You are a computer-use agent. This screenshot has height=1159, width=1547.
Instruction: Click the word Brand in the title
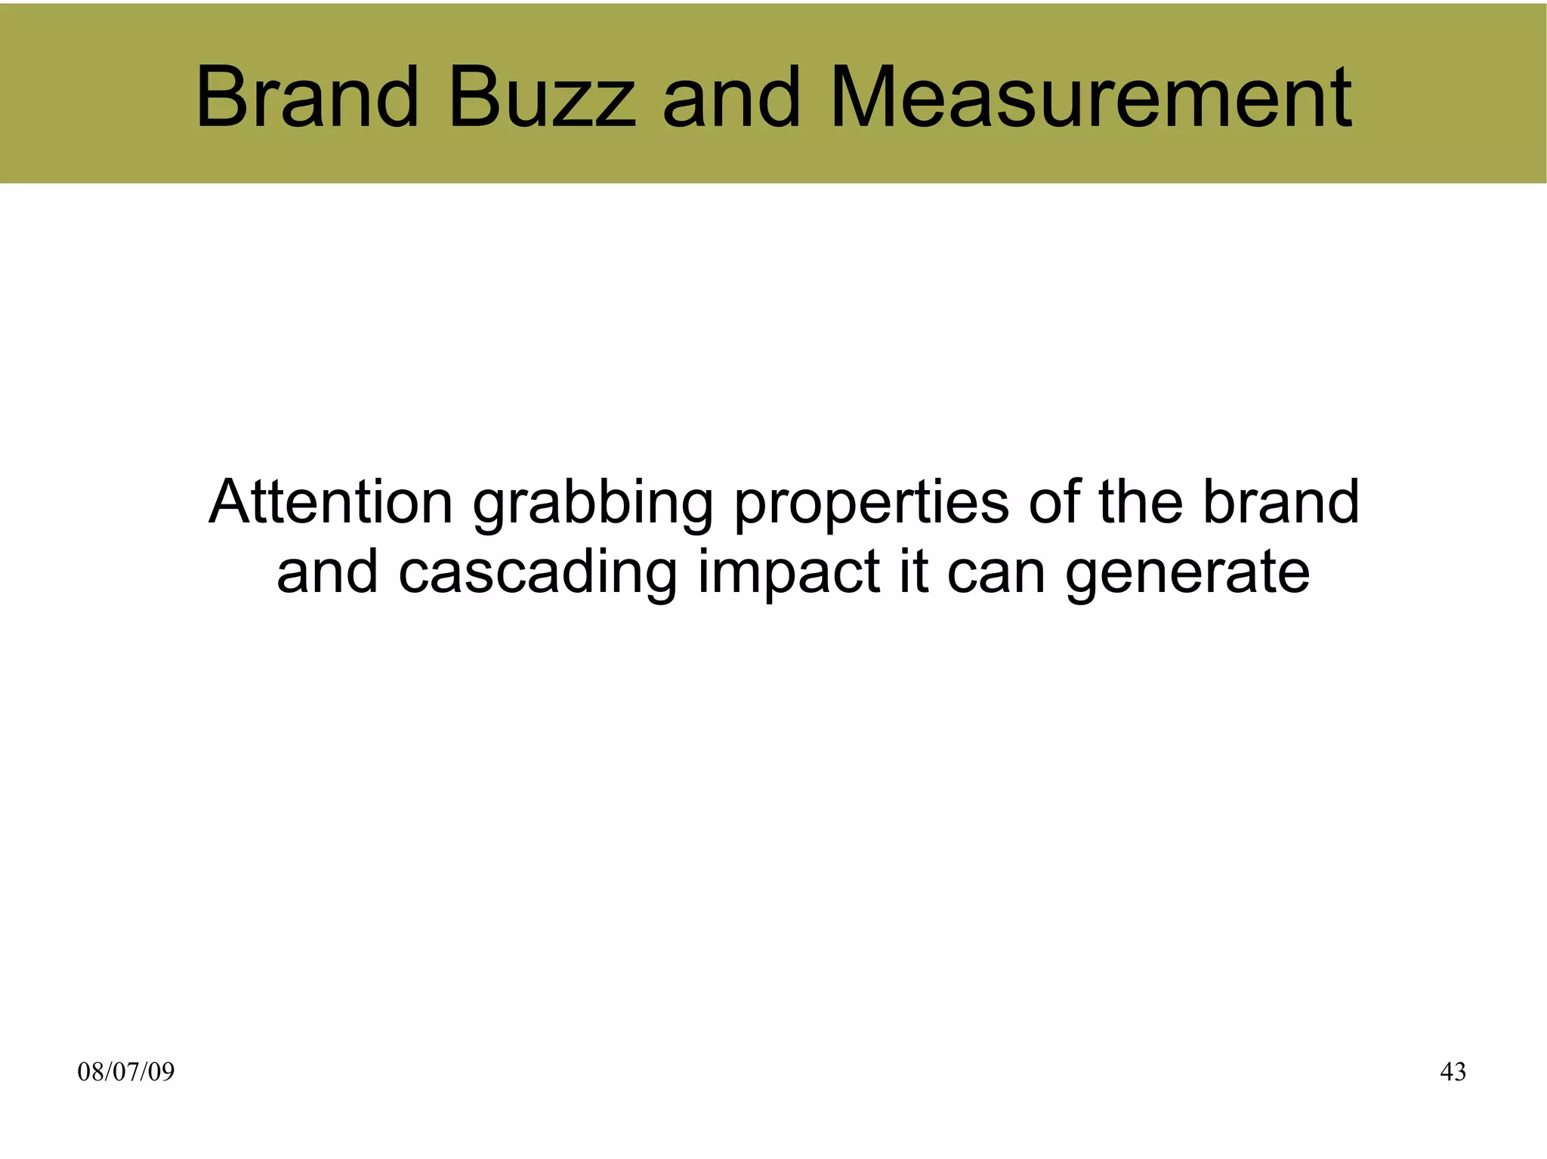307,98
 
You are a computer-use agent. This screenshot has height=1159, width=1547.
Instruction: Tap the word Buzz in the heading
542,98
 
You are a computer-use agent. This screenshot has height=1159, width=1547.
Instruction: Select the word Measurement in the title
1091,98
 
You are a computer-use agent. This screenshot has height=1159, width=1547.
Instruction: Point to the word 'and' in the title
730,98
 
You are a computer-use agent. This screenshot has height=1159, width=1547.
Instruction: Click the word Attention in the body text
331,502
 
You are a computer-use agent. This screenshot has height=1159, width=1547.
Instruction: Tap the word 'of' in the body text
1054,502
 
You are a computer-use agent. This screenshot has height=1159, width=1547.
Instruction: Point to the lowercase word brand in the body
1280,502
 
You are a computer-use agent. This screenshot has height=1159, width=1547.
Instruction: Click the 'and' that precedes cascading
327,572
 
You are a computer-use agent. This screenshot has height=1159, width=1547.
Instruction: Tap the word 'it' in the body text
913,572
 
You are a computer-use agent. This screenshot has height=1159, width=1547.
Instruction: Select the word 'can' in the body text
996,573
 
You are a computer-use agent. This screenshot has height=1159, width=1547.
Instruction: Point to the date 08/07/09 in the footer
126,1071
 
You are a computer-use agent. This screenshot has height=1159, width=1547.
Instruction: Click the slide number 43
1453,1071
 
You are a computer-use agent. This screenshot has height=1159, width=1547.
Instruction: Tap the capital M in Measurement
866,98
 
